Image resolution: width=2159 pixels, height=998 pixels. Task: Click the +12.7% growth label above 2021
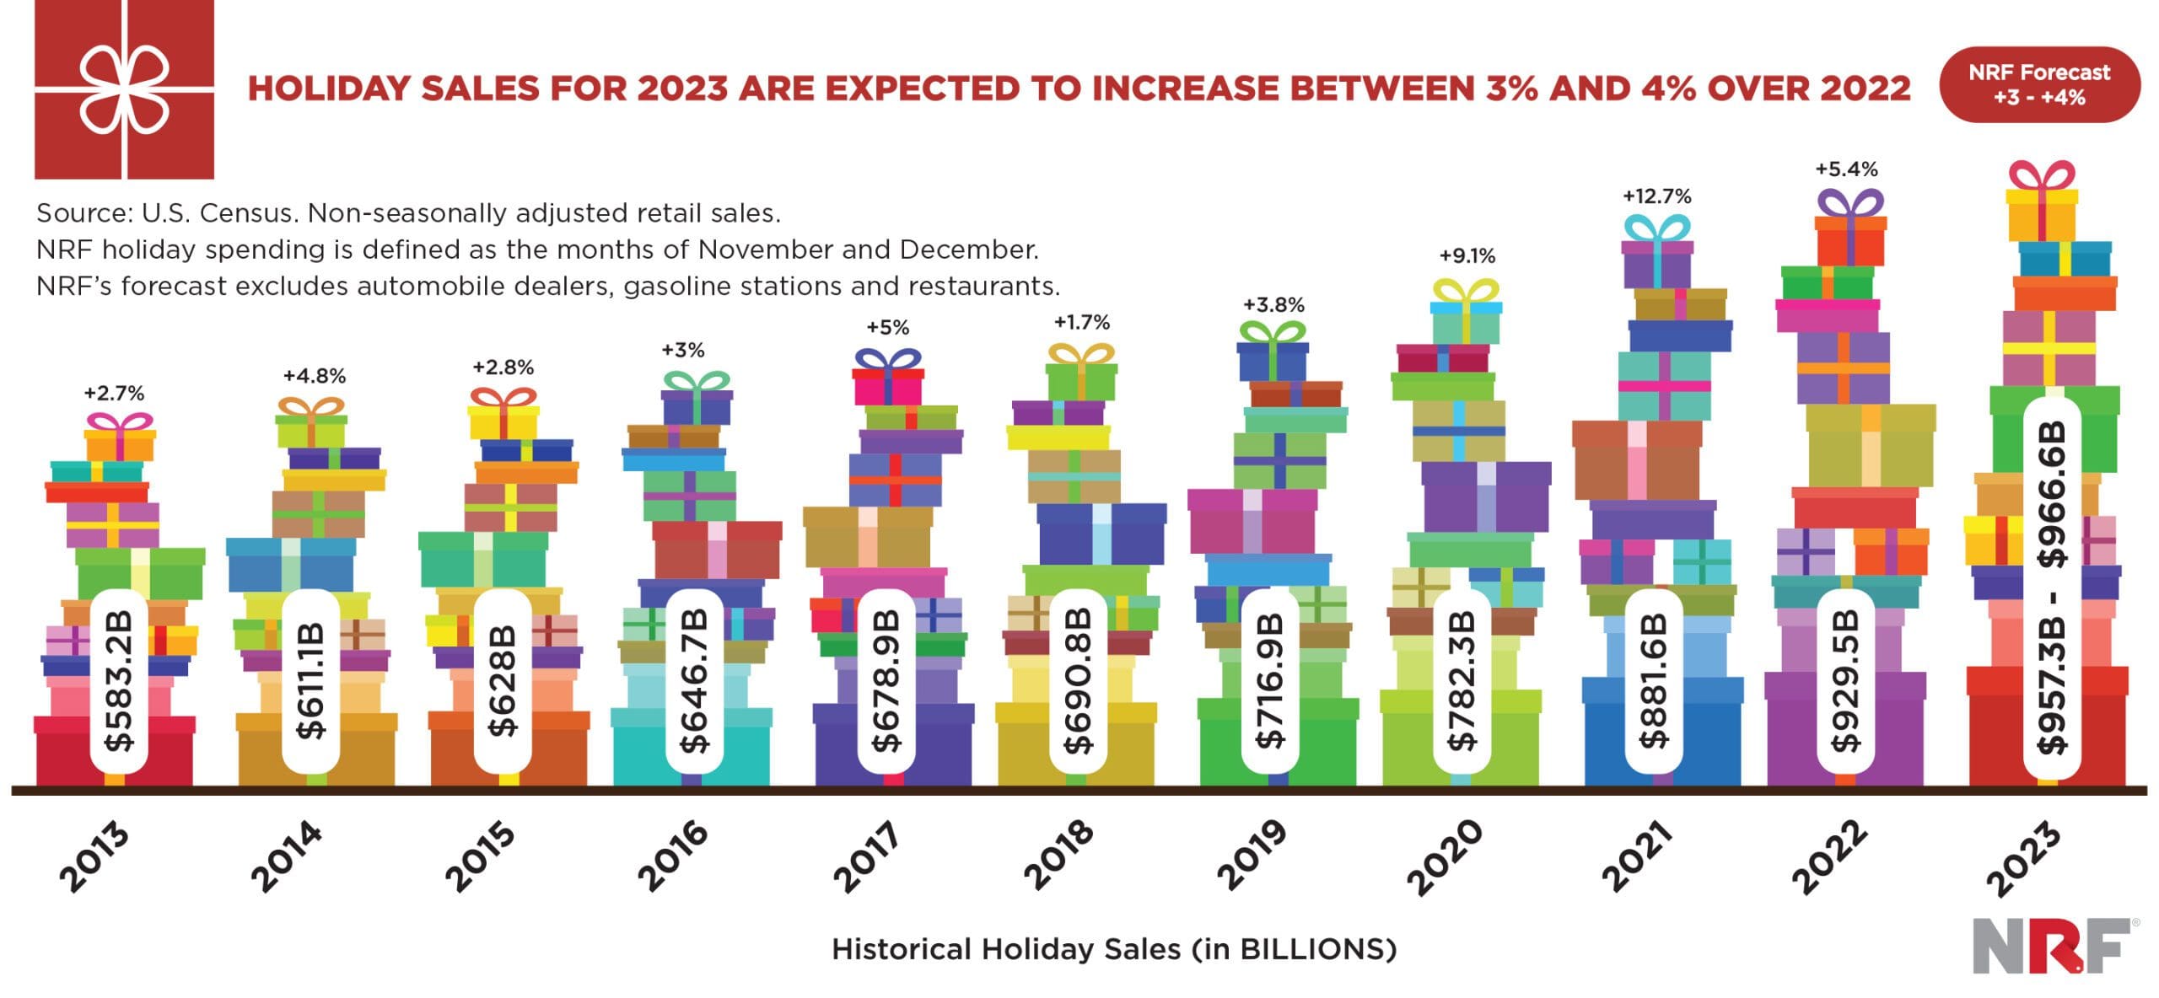[1657, 196]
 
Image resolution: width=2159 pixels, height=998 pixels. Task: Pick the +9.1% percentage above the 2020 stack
[1467, 255]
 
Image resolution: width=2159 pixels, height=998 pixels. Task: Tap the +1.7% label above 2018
[1082, 322]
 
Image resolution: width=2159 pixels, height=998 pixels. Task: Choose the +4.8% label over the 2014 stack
[315, 376]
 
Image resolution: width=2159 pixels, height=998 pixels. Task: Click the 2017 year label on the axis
[867, 856]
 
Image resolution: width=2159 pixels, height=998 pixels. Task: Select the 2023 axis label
[2024, 860]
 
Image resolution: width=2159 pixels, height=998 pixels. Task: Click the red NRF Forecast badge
[2039, 85]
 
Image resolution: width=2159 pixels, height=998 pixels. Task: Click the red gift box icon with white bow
[124, 89]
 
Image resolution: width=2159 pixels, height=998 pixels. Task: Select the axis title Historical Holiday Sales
[1114, 950]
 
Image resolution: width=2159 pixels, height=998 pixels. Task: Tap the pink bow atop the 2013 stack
[121, 421]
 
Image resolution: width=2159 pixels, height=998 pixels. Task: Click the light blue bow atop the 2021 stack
[1656, 228]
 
